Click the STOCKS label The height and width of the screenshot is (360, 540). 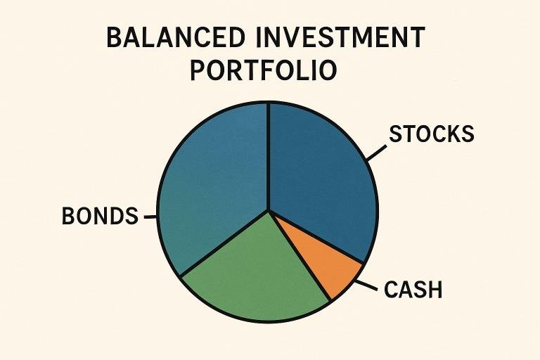[x=432, y=134]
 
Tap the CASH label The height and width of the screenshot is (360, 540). [x=413, y=288]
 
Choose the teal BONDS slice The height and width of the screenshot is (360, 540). [x=211, y=183]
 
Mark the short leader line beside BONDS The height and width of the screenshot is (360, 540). [x=150, y=217]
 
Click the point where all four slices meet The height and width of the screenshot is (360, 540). [x=269, y=210]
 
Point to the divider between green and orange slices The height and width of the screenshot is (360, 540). [x=300, y=255]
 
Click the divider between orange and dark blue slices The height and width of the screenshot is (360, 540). [x=316, y=237]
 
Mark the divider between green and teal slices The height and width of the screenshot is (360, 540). [x=225, y=243]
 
